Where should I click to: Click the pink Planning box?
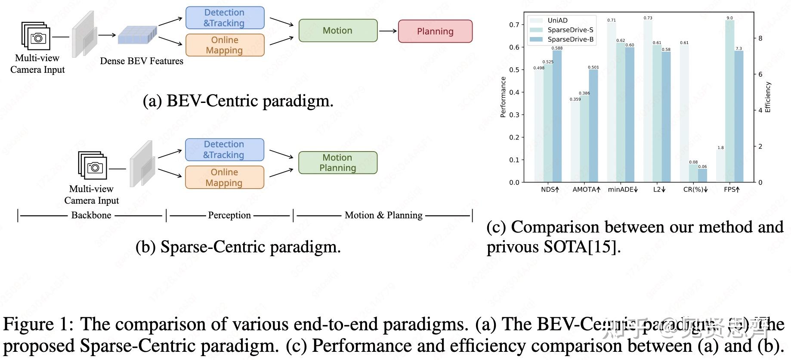pos(435,31)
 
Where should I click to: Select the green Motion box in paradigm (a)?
pos(338,31)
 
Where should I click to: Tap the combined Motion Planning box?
pos(338,163)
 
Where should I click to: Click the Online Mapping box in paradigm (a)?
pos(225,45)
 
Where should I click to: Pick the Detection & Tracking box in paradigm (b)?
pos(224,149)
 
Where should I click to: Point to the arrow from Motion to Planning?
pos(388,31)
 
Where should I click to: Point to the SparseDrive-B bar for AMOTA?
pos(593,125)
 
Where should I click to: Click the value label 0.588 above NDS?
pos(557,48)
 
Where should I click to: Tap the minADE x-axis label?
pos(623,189)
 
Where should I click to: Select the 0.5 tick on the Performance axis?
pos(514,70)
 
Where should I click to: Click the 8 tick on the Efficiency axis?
pos(760,38)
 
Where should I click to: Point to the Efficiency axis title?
pos(768,97)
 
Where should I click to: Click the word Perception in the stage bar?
pos(229,215)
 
